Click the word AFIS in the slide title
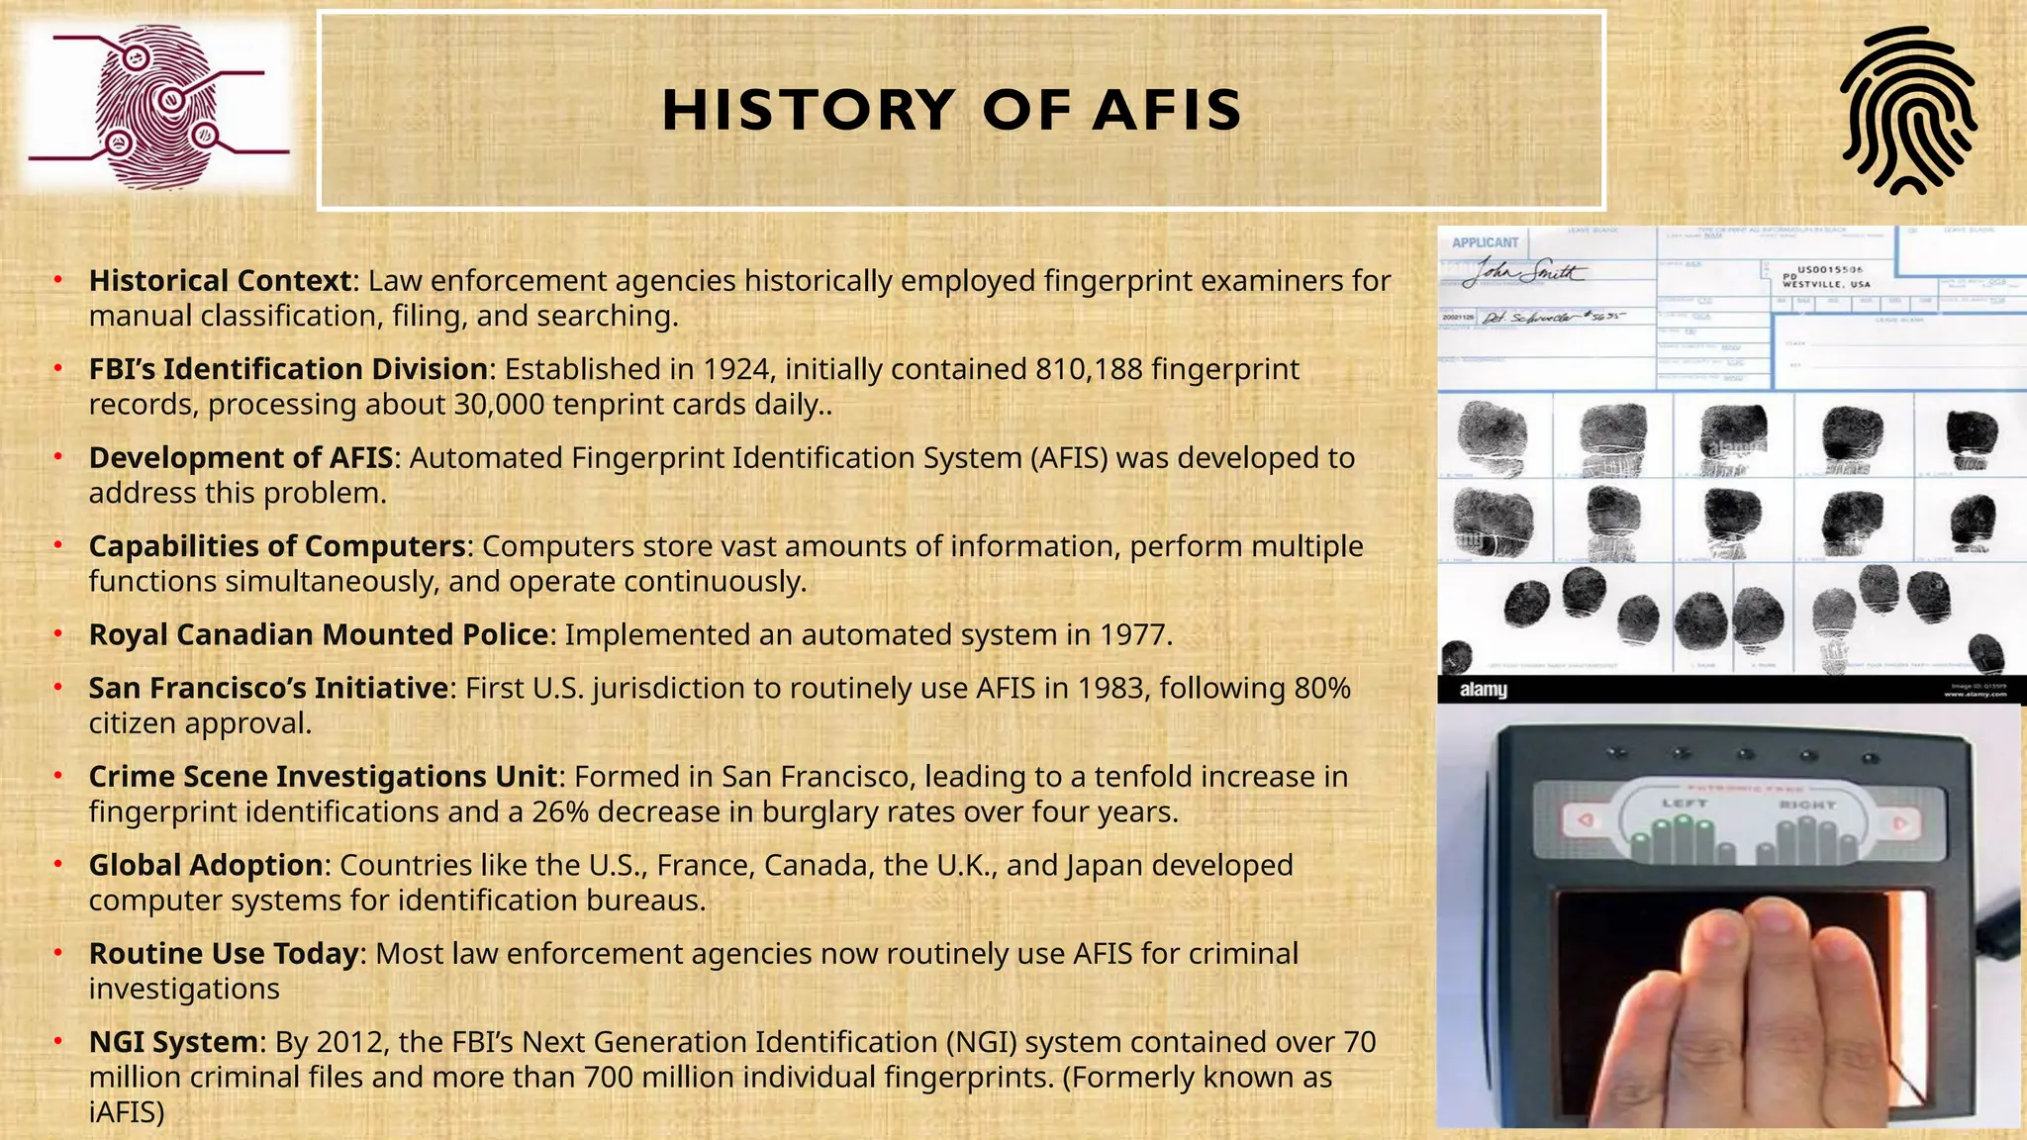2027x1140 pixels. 1167,110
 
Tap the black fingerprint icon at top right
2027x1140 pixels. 1907,110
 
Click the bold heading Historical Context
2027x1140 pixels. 220,281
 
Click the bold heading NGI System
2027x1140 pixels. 173,1042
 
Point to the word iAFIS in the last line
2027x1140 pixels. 126,1112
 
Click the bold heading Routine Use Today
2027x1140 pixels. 224,954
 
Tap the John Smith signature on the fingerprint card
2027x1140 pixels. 1524,271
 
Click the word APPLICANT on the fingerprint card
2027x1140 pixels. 1484,242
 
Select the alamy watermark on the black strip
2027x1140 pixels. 1483,690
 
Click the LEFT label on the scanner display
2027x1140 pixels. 1684,804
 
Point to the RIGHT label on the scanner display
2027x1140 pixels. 1806,805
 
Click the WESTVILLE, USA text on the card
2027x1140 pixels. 1826,284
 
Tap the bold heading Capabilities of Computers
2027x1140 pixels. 277,546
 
